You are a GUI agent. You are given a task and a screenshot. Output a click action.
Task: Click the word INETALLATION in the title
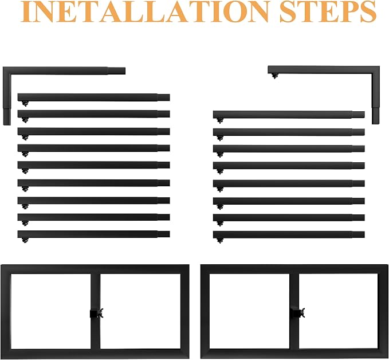point(145,11)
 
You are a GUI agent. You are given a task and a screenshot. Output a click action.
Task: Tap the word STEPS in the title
point(328,11)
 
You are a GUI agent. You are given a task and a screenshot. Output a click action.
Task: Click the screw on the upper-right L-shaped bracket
point(274,76)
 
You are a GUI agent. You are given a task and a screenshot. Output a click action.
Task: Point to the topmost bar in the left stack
point(93,97)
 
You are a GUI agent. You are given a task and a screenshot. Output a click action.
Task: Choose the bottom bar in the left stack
point(93,234)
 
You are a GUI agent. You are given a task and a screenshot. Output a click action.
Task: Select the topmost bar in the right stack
point(289,115)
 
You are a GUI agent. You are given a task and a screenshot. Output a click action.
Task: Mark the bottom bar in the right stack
point(289,234)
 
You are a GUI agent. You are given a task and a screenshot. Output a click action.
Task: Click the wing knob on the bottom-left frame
point(100,314)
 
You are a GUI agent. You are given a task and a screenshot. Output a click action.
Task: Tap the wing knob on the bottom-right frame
point(302,313)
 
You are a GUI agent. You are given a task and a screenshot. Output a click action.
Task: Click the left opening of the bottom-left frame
point(50,311)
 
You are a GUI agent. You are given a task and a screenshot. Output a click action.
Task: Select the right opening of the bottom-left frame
point(140,311)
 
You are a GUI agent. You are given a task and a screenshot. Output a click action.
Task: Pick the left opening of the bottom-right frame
point(249,311)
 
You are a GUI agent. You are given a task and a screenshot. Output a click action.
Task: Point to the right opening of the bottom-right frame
point(339,311)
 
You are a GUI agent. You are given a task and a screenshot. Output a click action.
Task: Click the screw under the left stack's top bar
point(25,104)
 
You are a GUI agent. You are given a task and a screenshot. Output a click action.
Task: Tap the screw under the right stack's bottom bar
point(220,240)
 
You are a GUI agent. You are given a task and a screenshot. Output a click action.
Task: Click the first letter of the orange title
point(25,12)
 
